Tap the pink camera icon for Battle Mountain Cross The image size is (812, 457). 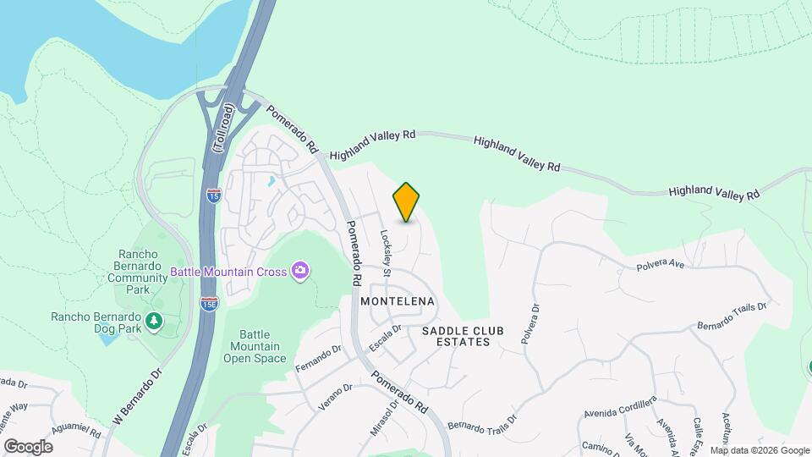tap(299, 272)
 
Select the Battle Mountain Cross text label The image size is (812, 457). tap(229, 272)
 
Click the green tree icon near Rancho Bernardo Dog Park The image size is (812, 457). tap(154, 320)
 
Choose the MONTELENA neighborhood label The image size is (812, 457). tap(397, 301)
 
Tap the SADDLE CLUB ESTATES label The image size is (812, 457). tap(456, 336)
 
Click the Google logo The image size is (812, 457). tap(28, 446)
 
